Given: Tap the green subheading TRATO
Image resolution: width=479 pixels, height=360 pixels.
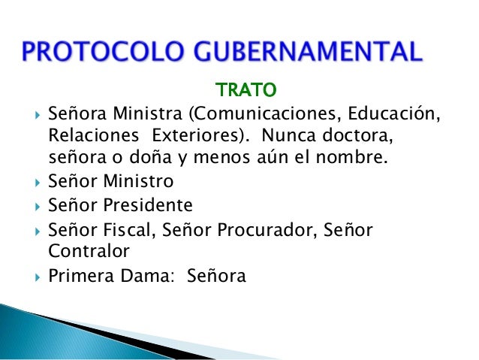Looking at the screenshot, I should coord(246,92).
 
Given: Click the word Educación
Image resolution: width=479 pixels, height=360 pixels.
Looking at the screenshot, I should coord(399,116).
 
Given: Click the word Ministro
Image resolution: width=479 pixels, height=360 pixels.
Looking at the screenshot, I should coord(138,182).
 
